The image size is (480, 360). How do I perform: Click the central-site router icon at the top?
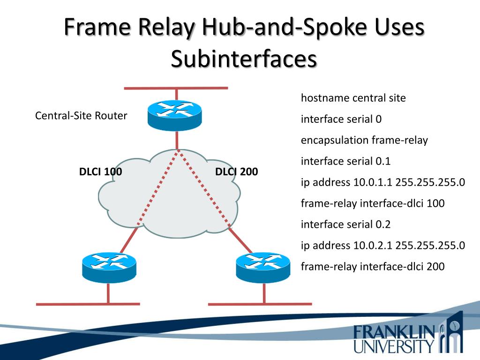(x=174, y=115)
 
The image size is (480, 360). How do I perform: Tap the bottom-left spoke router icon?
(x=109, y=267)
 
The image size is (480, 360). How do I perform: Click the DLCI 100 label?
(x=100, y=172)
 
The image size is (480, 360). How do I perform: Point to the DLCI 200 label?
(x=236, y=172)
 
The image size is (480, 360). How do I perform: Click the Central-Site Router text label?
(x=81, y=116)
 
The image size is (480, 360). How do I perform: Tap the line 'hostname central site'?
(x=353, y=98)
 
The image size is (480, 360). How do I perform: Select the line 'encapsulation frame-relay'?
(x=364, y=140)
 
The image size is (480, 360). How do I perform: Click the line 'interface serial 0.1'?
(x=345, y=161)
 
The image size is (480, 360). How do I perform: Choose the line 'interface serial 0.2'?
(x=345, y=225)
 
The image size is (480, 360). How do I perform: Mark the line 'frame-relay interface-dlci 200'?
(x=372, y=267)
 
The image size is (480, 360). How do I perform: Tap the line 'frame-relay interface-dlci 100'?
(x=372, y=203)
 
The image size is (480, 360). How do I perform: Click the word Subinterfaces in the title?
(x=243, y=60)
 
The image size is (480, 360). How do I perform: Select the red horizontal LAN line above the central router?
(x=176, y=88)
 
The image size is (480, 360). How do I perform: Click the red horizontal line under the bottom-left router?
(x=88, y=304)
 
